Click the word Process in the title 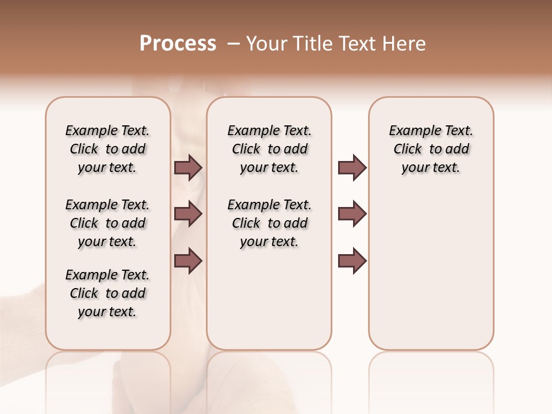coord(178,44)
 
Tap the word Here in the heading coord(405,44)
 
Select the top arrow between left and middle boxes coord(188,167)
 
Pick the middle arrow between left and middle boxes coord(188,214)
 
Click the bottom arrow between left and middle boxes coord(188,260)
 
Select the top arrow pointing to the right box coord(352,167)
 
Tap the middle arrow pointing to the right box coord(352,214)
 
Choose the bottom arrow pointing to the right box coord(352,260)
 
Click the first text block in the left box coord(108,149)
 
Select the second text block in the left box coord(108,223)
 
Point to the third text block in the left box coord(108,293)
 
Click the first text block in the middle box coord(269,149)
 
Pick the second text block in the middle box coord(269,223)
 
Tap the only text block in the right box coord(431,149)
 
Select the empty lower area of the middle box coord(269,299)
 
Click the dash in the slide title coord(233,44)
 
